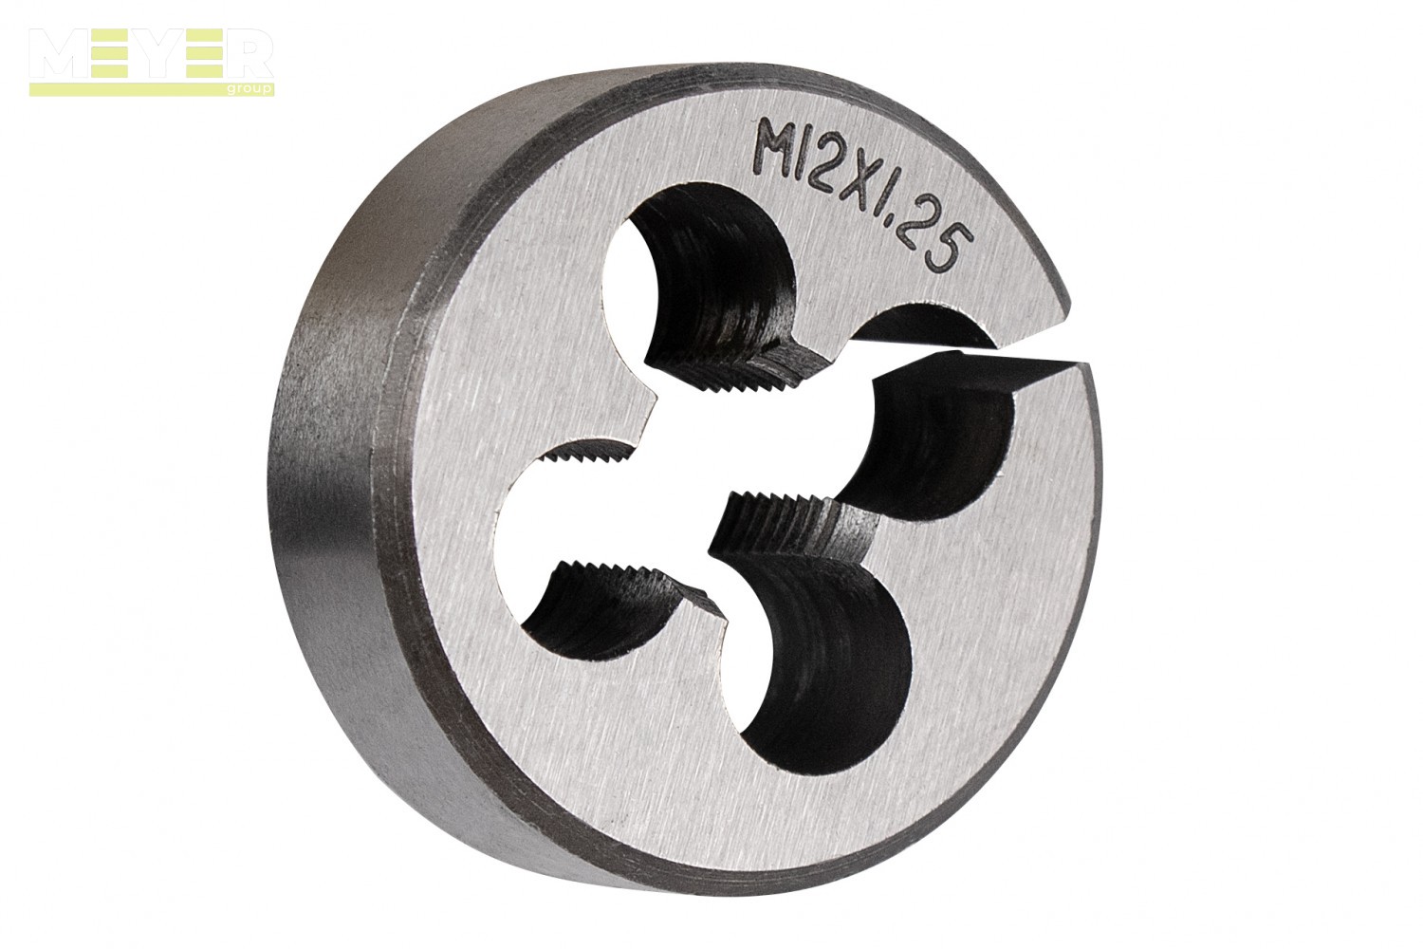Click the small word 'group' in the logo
click(258, 88)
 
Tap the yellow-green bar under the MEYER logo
click(151, 89)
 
